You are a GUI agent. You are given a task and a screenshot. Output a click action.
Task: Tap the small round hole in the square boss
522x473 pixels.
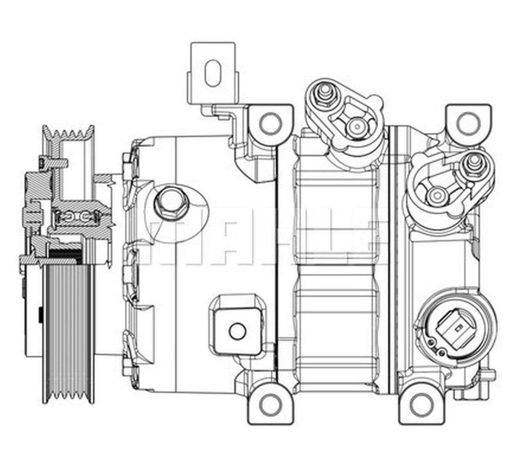[237, 331]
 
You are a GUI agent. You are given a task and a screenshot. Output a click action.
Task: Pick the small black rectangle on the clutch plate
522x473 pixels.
[41, 316]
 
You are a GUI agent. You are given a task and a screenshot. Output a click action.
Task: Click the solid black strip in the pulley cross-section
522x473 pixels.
[65, 253]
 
